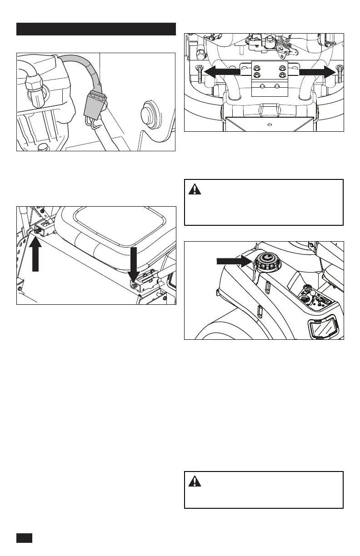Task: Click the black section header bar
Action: [x=96, y=29]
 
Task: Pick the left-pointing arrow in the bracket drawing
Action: [x=221, y=71]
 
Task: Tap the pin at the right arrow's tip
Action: [x=339, y=74]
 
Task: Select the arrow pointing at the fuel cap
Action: [x=234, y=261]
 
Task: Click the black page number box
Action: [x=25, y=537]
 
